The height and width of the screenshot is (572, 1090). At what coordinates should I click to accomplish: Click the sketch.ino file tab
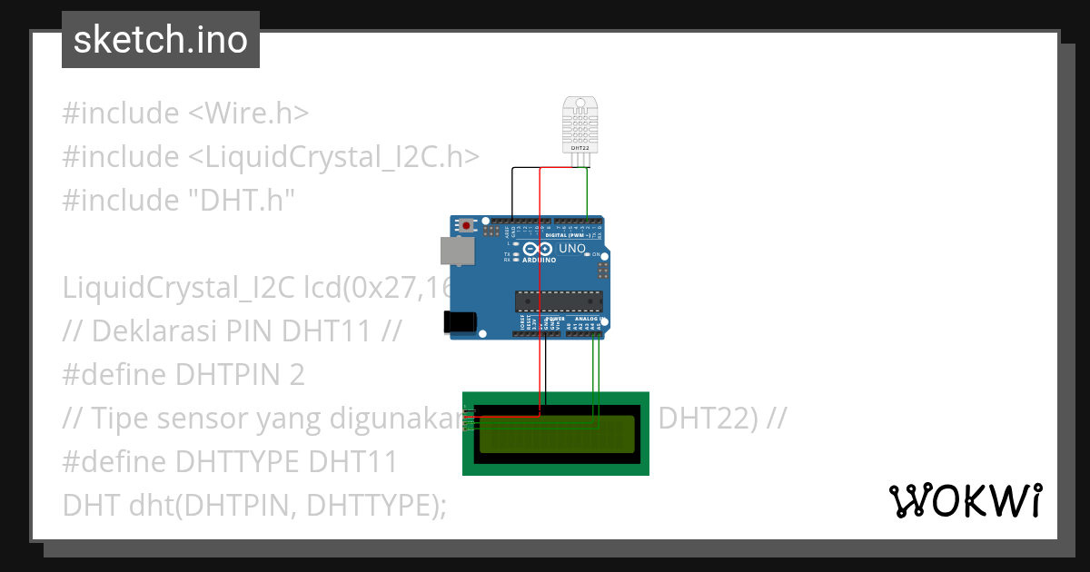click(160, 40)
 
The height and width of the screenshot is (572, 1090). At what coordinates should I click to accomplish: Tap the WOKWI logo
click(965, 500)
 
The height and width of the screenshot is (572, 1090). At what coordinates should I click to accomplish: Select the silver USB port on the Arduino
click(457, 251)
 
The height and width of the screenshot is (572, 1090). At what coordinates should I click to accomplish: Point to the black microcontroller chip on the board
click(559, 301)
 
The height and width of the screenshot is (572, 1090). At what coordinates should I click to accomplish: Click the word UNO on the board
click(571, 249)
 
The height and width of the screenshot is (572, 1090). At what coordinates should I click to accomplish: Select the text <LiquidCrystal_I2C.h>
click(333, 157)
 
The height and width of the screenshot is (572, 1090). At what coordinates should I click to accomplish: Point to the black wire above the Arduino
click(512, 191)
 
